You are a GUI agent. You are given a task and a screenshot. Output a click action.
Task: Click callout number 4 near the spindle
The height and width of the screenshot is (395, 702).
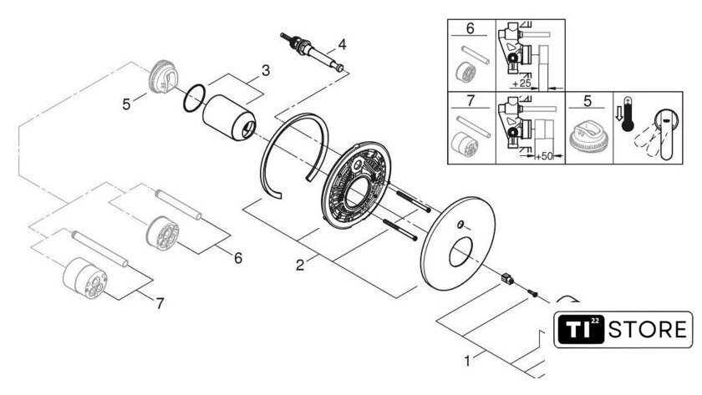[342, 44]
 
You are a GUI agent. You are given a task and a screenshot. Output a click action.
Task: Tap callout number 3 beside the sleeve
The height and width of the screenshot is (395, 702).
[266, 70]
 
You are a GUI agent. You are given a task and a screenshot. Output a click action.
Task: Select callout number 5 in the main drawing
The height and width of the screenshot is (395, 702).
[126, 104]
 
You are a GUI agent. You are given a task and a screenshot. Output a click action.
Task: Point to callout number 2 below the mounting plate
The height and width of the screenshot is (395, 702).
[300, 265]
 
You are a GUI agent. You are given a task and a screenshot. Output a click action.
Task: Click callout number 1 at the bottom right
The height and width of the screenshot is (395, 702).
[467, 361]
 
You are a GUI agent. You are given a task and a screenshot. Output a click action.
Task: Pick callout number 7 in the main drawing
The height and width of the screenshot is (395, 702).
[160, 304]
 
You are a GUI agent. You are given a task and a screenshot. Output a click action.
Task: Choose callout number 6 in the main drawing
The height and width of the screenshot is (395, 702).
[238, 258]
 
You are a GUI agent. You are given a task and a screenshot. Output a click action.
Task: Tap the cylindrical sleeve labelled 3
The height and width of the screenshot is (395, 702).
[229, 117]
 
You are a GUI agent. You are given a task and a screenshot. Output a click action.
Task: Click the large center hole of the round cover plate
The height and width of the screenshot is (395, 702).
[460, 252]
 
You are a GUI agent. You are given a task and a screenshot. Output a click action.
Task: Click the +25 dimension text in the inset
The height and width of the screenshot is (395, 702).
[521, 84]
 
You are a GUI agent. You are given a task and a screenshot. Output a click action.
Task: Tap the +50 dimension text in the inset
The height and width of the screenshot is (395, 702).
[544, 156]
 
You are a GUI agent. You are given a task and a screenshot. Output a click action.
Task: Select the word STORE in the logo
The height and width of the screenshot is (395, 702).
[648, 330]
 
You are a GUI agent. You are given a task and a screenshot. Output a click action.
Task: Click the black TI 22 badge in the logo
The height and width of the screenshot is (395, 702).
[581, 330]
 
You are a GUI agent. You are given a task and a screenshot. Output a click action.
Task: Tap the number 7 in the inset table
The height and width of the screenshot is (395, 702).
[470, 100]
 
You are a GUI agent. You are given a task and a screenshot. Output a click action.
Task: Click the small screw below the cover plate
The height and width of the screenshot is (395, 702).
[532, 293]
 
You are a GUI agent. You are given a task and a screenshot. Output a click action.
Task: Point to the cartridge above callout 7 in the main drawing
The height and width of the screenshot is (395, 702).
[85, 278]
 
